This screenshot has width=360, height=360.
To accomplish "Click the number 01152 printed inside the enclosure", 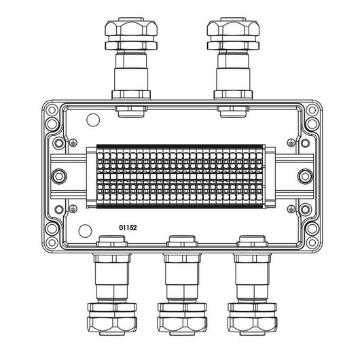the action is coord(128,228).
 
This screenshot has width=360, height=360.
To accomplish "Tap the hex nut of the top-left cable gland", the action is coord(131,28).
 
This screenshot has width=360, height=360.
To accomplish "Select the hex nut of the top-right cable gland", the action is coord(233,28).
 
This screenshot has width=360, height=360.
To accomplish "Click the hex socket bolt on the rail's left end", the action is coord(60,177).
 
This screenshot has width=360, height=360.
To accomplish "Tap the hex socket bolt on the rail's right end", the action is coord(305,177).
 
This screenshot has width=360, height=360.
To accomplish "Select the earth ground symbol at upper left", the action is coord(73,143).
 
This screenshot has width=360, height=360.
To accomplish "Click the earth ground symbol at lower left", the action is coord(73,209).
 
